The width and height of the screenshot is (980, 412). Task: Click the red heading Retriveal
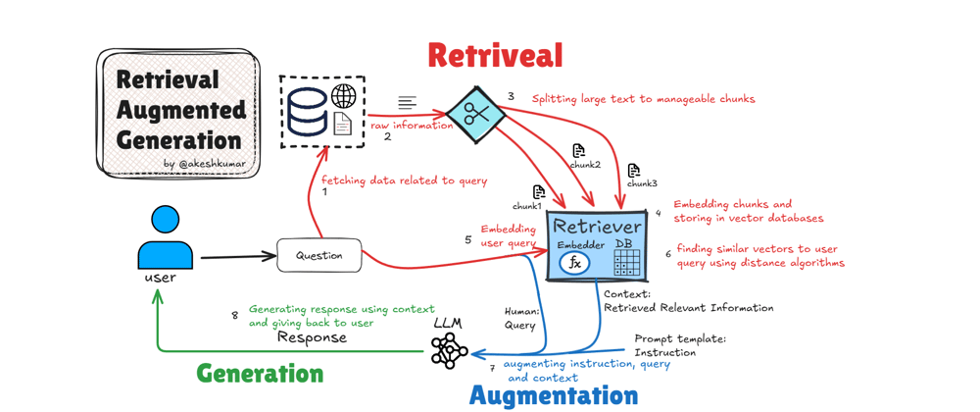click(495, 55)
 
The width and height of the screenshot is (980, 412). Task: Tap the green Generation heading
click(260, 374)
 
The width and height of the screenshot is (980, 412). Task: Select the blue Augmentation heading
click(554, 395)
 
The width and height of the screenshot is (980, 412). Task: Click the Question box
click(319, 256)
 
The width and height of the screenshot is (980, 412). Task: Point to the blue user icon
click(165, 238)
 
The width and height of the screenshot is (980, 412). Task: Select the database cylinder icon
click(307, 111)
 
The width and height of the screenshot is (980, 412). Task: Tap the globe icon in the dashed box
click(344, 96)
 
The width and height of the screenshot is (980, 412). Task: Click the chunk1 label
click(527, 206)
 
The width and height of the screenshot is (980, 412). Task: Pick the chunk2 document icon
click(578, 150)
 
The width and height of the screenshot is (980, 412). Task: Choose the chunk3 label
click(642, 183)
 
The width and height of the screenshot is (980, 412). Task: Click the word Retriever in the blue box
click(597, 227)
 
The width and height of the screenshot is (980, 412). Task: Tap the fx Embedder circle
click(574, 263)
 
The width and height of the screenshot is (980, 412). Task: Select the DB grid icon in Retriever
click(626, 262)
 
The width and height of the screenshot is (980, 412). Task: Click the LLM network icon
click(449, 350)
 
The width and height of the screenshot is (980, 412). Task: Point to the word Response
click(312, 337)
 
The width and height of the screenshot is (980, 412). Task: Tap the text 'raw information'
click(412, 126)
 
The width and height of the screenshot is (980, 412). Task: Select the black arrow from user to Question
click(238, 257)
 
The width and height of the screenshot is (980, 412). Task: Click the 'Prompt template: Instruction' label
click(680, 345)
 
